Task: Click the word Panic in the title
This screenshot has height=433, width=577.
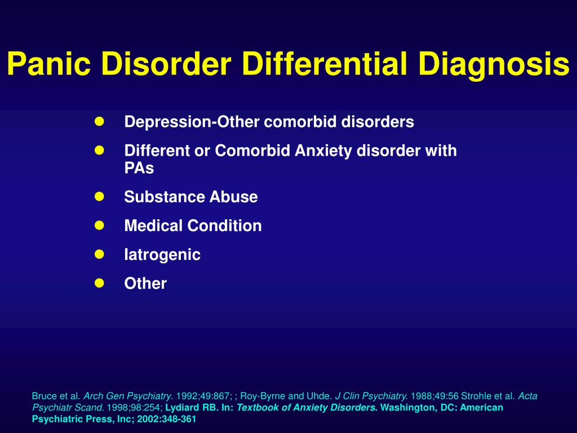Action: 48,63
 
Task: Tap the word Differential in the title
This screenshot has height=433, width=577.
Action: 325,63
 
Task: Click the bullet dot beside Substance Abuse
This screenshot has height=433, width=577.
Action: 99,197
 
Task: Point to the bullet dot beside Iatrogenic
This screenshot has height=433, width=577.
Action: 99,254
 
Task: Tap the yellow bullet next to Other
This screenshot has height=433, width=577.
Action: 99,283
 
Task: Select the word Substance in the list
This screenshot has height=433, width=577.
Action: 164,197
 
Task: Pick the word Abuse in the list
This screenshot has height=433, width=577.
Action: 234,197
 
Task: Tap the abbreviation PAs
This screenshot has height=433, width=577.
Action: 139,168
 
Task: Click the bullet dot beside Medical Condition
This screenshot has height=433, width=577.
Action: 99,226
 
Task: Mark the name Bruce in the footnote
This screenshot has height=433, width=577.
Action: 43,396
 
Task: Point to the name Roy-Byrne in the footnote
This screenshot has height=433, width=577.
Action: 263,396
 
